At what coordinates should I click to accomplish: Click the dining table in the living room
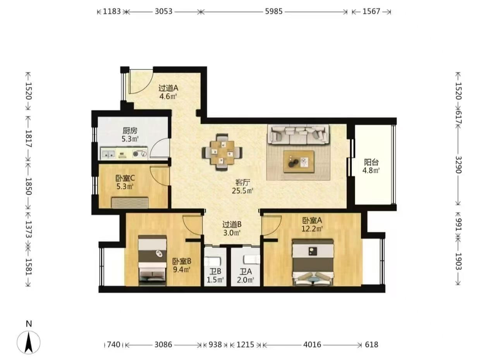(222, 152)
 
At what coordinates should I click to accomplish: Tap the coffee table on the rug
(299, 161)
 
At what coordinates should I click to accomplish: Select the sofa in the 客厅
(298, 134)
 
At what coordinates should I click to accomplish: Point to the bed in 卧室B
(152, 261)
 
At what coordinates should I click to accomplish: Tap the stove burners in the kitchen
(140, 154)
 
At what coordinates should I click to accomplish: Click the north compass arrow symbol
(29, 343)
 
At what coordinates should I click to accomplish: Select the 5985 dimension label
(273, 12)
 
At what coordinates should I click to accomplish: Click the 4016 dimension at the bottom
(312, 345)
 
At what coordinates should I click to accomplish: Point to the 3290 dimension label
(458, 165)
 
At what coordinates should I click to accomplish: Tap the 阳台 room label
(371, 162)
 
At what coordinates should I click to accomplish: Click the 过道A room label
(168, 88)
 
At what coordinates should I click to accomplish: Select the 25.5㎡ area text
(242, 191)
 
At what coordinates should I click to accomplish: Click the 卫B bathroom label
(215, 272)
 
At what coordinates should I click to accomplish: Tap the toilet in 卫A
(251, 259)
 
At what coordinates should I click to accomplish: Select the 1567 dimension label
(371, 12)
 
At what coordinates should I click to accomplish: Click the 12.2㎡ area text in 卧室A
(312, 229)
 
